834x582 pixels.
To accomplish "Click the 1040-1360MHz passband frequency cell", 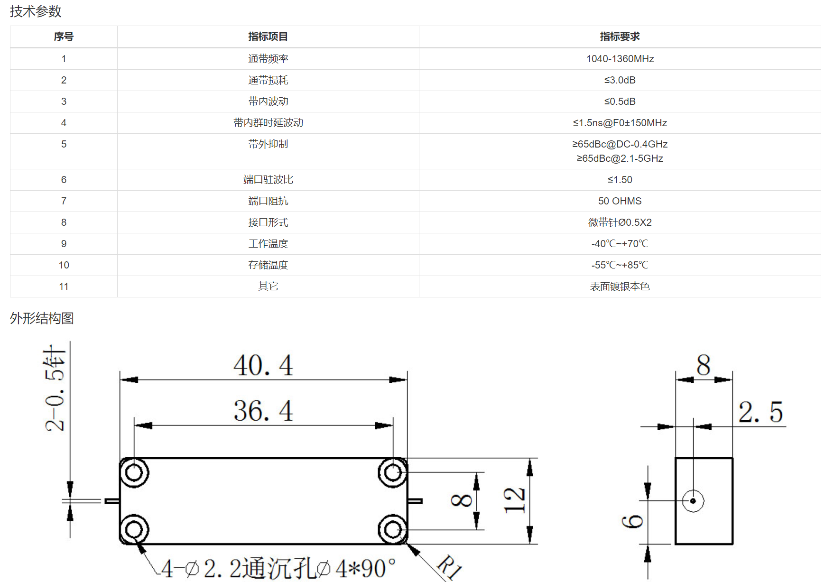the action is [620, 59].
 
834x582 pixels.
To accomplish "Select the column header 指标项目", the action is [268, 37].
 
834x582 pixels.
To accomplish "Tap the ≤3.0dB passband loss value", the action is [620, 80].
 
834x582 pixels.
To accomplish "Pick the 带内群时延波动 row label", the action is [268, 123].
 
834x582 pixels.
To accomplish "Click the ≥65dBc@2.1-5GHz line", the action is [620, 158].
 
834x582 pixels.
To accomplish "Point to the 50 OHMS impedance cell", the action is [620, 201].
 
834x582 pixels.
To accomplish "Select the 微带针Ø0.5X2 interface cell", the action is [620, 222].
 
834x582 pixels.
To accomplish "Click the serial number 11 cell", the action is [64, 286].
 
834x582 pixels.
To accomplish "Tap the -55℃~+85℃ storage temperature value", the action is [620, 265].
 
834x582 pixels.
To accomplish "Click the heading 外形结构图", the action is [42, 318].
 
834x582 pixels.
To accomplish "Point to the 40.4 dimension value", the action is [263, 365].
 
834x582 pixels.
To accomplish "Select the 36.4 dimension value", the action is [263, 411].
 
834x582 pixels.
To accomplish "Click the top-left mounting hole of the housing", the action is [134, 473].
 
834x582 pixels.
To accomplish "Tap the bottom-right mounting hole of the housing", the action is [392, 529].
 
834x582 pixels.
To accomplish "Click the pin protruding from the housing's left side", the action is [112, 501].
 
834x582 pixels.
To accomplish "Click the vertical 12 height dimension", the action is [515, 500].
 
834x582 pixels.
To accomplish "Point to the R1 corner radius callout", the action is [449, 567].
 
